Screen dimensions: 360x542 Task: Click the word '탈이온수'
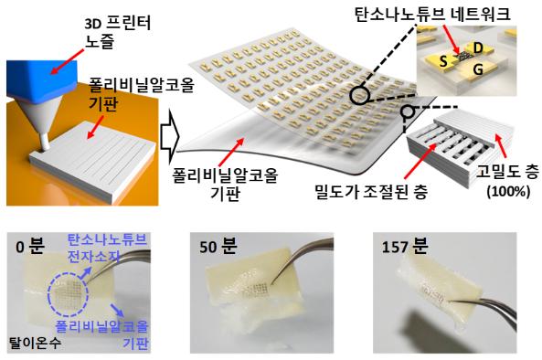(31, 346)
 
